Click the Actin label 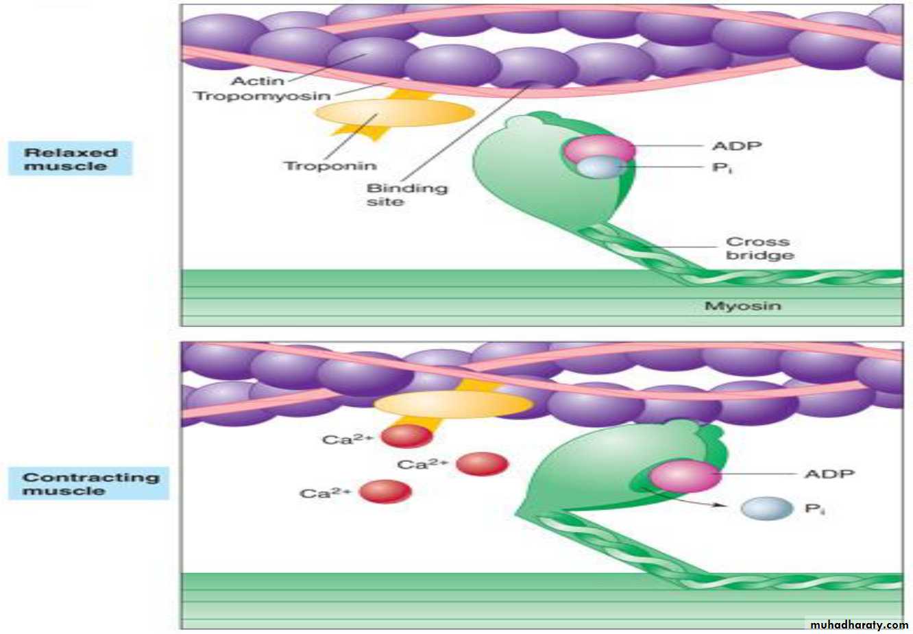click(257, 81)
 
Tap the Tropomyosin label click(263, 96)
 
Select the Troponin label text click(330, 166)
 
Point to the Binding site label click(406, 195)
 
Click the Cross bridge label click(759, 248)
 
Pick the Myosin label click(742, 306)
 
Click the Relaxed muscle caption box click(70, 159)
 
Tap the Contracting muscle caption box click(89, 484)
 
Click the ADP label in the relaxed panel click(737, 146)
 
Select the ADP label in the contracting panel click(829, 474)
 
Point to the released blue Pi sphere click(766, 509)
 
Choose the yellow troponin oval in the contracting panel click(453, 404)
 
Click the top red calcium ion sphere click(406, 436)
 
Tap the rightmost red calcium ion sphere click(482, 464)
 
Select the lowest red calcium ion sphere click(385, 491)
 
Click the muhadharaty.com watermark click(858, 624)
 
